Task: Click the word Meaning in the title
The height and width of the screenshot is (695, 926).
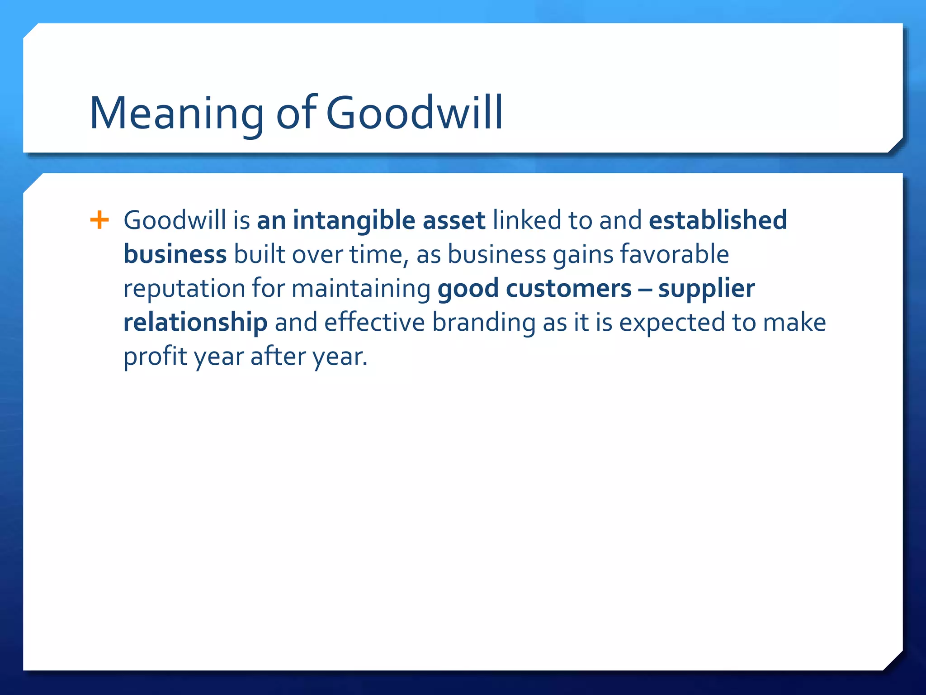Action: (x=176, y=113)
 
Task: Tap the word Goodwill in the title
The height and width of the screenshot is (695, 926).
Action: (x=414, y=113)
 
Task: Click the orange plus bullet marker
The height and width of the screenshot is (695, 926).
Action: (x=99, y=220)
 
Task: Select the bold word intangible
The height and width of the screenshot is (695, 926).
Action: (x=354, y=220)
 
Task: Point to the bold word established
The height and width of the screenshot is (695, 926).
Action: (x=718, y=220)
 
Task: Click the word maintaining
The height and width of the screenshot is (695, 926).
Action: (x=361, y=289)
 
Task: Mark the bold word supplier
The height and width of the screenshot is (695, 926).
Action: (x=706, y=289)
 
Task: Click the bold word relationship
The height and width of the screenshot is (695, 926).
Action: (x=195, y=323)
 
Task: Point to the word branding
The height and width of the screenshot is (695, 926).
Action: (x=484, y=323)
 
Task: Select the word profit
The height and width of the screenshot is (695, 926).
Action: (x=155, y=357)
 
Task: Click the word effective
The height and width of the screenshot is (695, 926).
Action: (x=374, y=323)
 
